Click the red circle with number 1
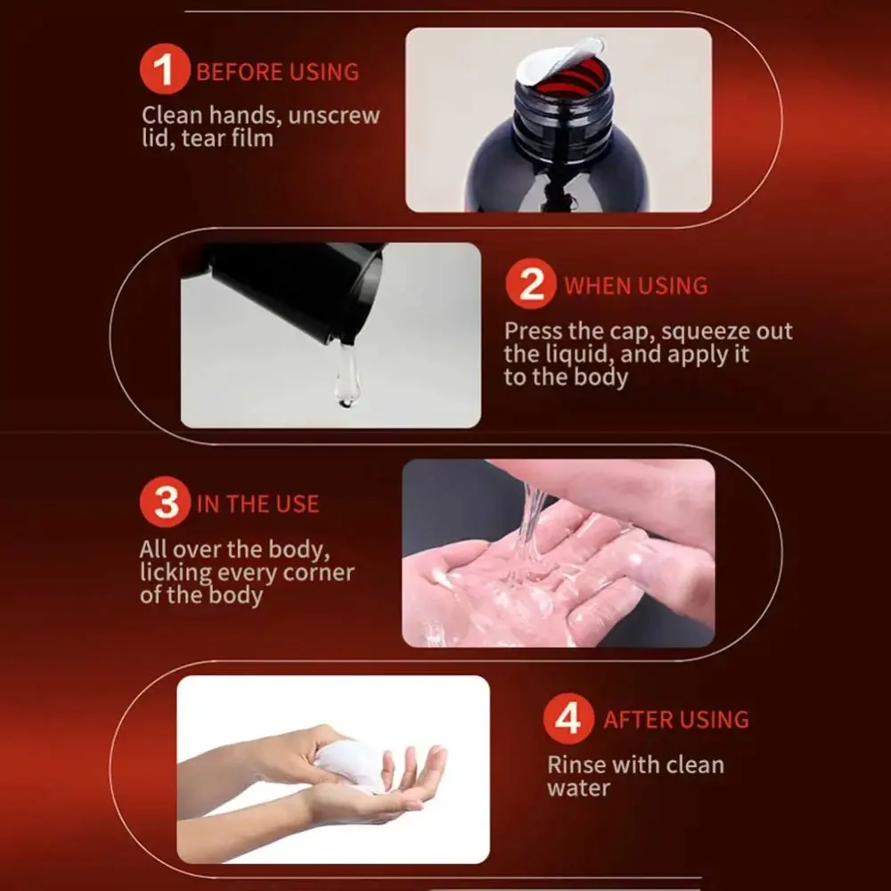tap(165, 69)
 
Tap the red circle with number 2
tap(531, 283)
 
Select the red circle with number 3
tap(166, 502)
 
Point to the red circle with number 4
tap(568, 718)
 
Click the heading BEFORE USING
tap(277, 72)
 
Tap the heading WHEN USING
tap(636, 286)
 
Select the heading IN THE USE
tap(257, 504)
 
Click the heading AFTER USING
tap(675, 720)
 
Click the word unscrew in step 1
tap(333, 115)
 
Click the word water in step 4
tap(578, 789)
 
